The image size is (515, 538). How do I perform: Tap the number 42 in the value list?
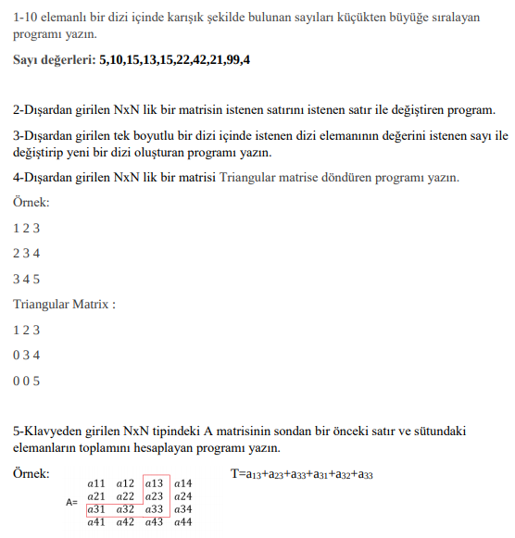coord(189,60)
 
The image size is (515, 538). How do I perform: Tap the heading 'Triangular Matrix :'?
coord(64,304)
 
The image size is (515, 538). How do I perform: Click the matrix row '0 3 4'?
coord(27,355)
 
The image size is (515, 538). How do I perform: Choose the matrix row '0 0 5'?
coord(27,381)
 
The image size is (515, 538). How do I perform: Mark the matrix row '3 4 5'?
coord(27,279)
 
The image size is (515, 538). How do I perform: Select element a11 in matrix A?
coord(95,483)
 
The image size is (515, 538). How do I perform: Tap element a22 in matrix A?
coord(126,496)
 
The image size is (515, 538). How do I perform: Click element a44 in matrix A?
coord(182,523)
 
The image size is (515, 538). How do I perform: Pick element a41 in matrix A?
coord(95,523)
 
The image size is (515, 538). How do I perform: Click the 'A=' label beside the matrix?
coord(71,503)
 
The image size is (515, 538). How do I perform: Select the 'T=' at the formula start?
coord(237,474)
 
